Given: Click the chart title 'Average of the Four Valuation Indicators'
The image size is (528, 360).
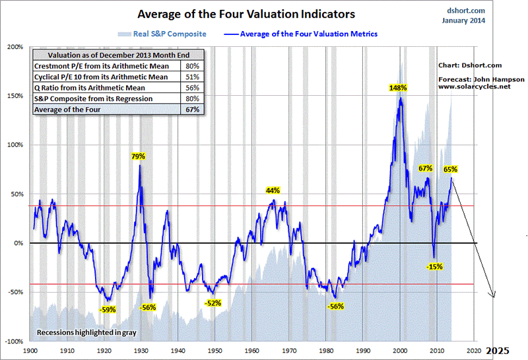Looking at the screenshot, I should click(246, 13).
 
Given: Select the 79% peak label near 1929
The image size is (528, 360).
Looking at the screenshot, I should click(138, 157).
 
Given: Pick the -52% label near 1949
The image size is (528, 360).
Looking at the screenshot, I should click(213, 303).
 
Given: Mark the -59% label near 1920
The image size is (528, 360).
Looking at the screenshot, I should click(108, 308).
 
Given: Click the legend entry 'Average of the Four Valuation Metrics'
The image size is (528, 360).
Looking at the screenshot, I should click(309, 34).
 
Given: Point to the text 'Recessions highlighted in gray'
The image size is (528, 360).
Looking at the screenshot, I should click(80, 332).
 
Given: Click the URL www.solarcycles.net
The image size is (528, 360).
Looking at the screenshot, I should click(474, 87).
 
